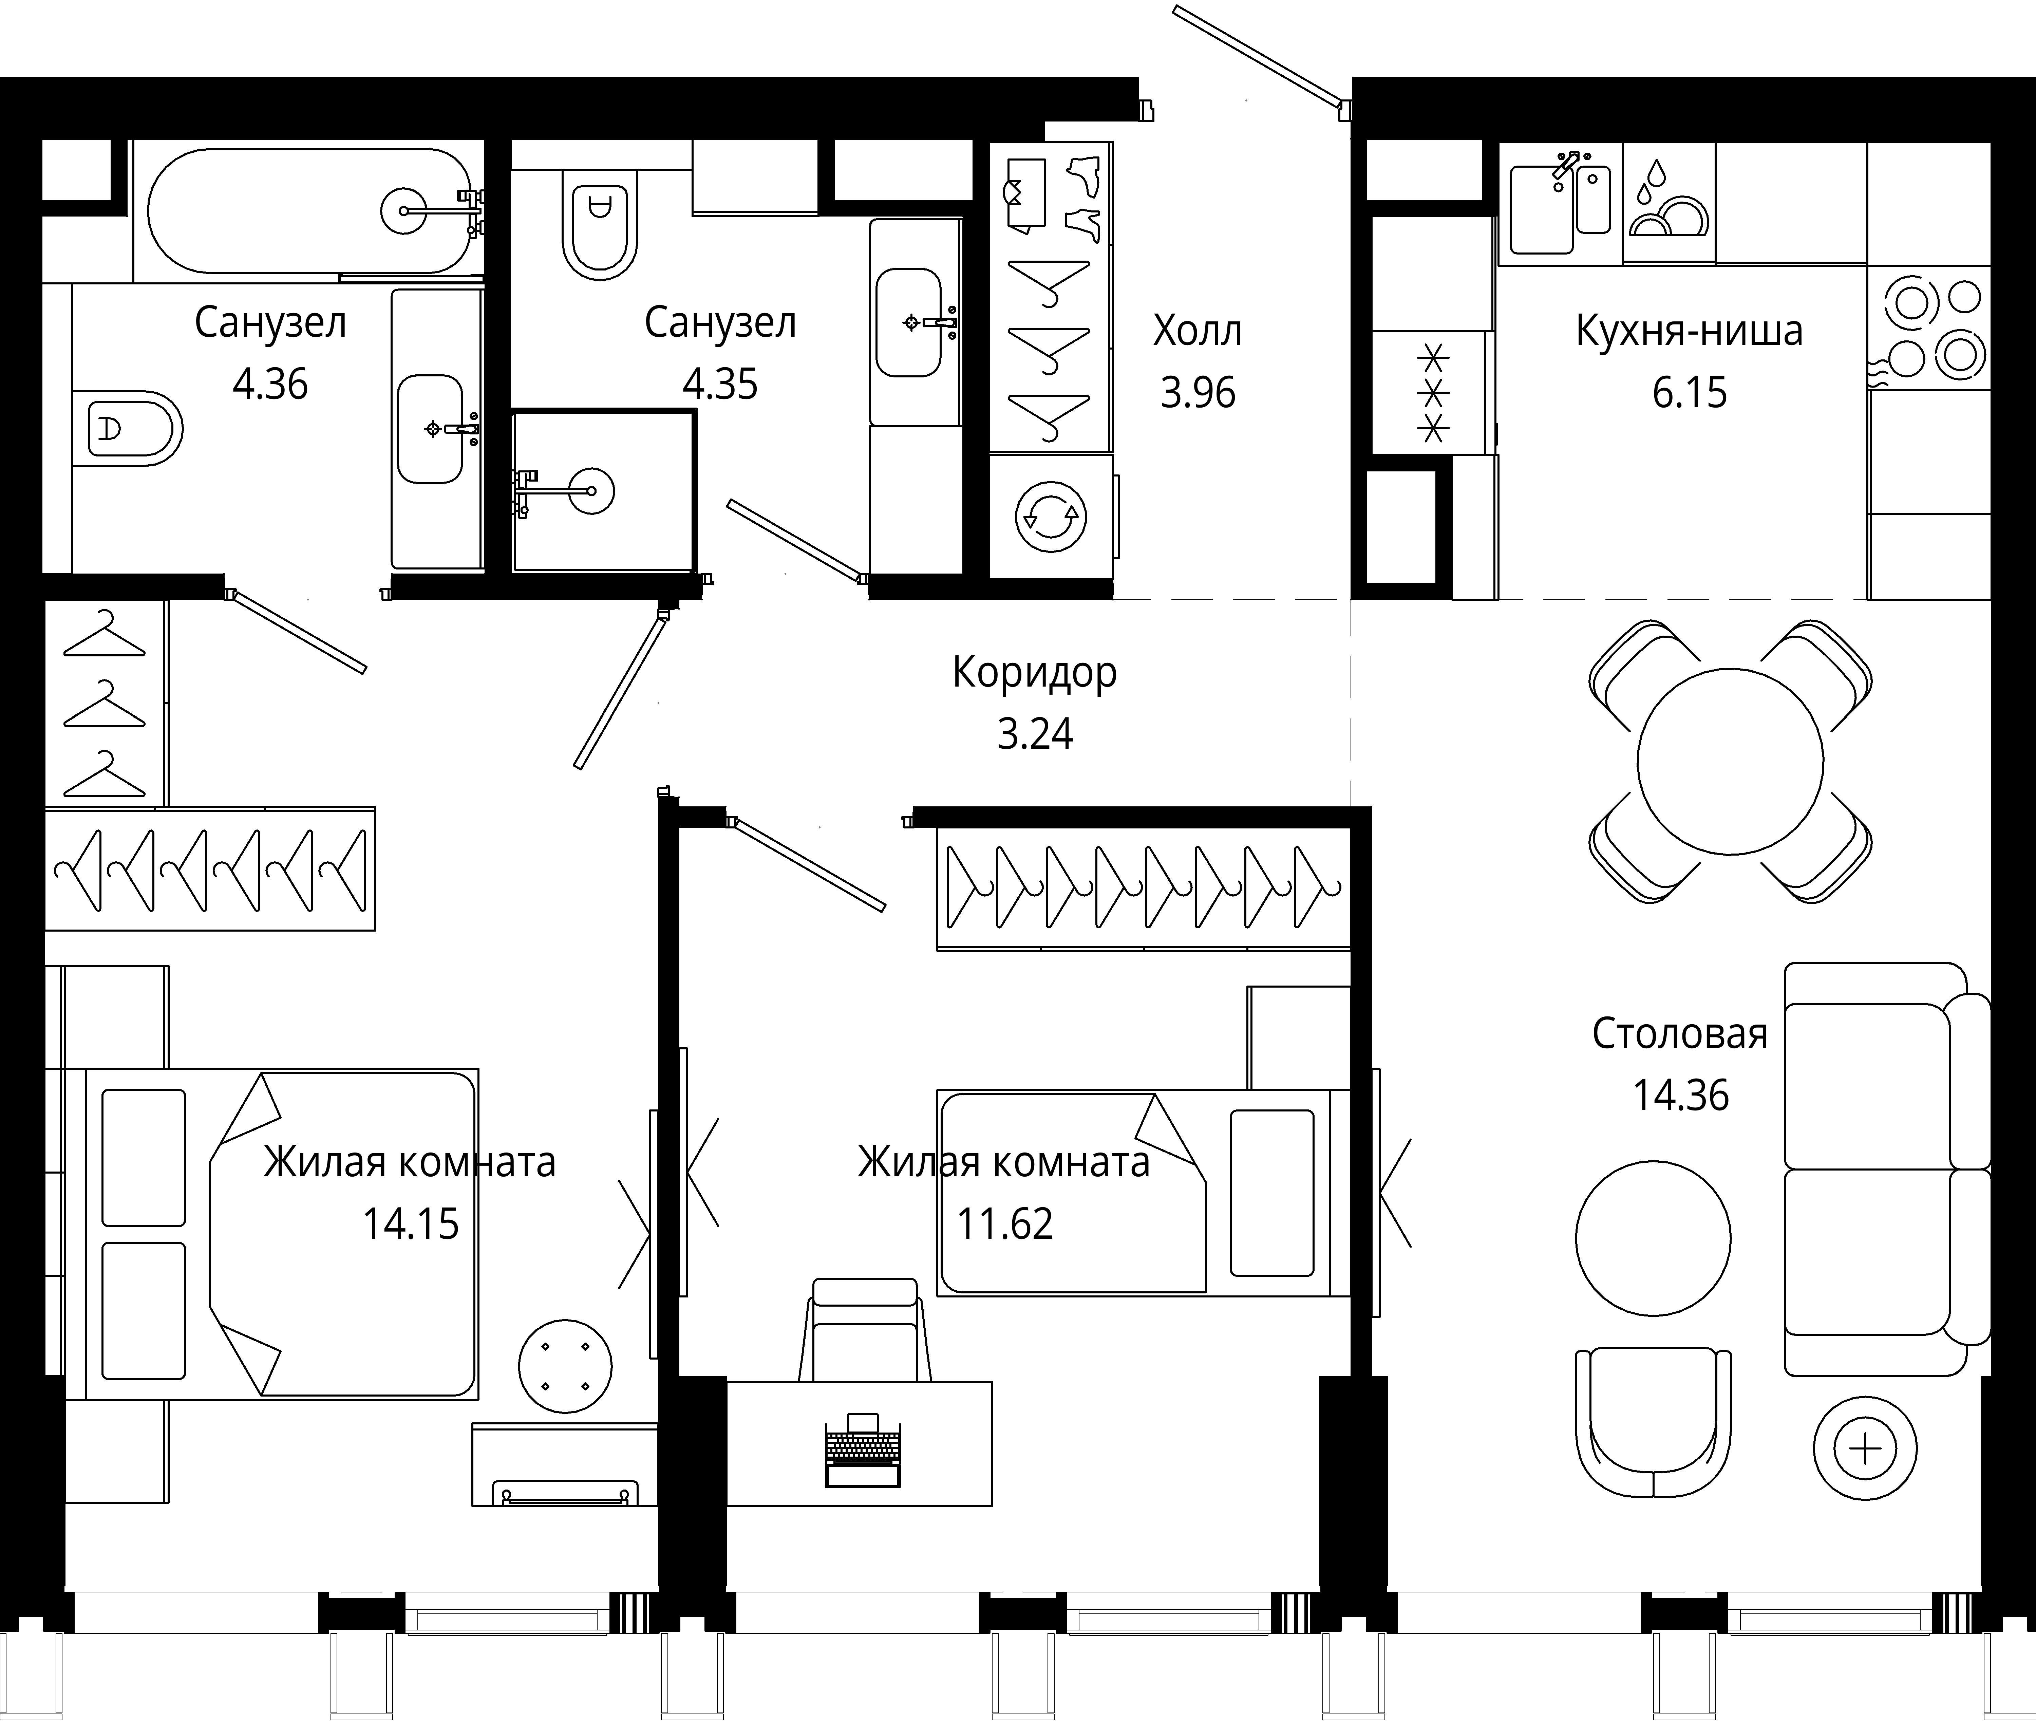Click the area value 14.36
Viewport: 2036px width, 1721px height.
1681,1096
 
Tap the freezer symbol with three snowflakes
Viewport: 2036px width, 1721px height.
1433,392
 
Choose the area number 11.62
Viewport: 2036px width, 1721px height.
1005,1223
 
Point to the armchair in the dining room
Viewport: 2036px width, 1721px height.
1653,1422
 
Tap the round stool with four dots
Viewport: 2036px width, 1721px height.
565,1366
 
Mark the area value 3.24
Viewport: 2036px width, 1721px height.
1034,734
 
